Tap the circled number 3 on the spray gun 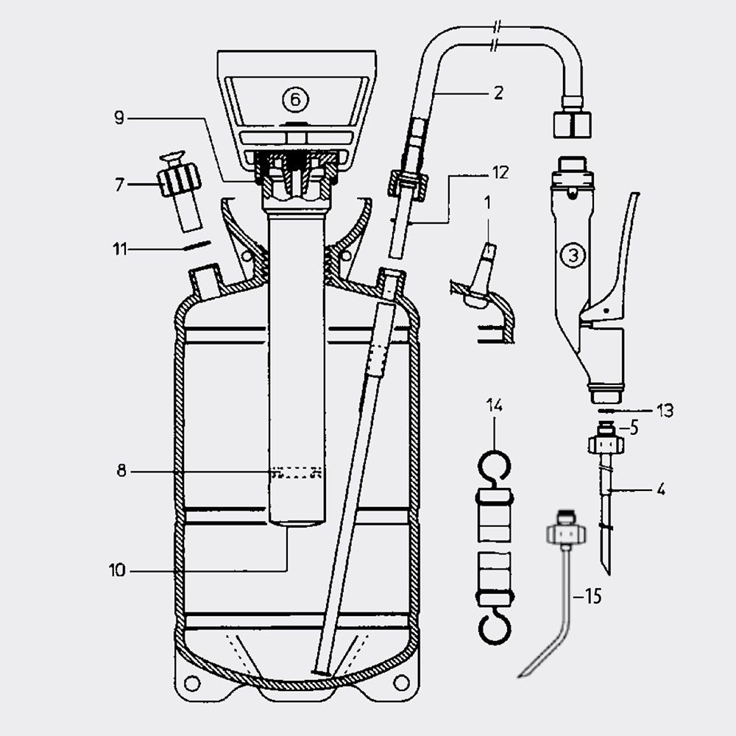pos(573,255)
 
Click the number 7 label pos(119,184)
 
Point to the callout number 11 pos(119,250)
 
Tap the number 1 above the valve pos(487,200)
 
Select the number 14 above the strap pos(494,404)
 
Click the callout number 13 pos(665,411)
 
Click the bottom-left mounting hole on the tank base pos(192,683)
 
